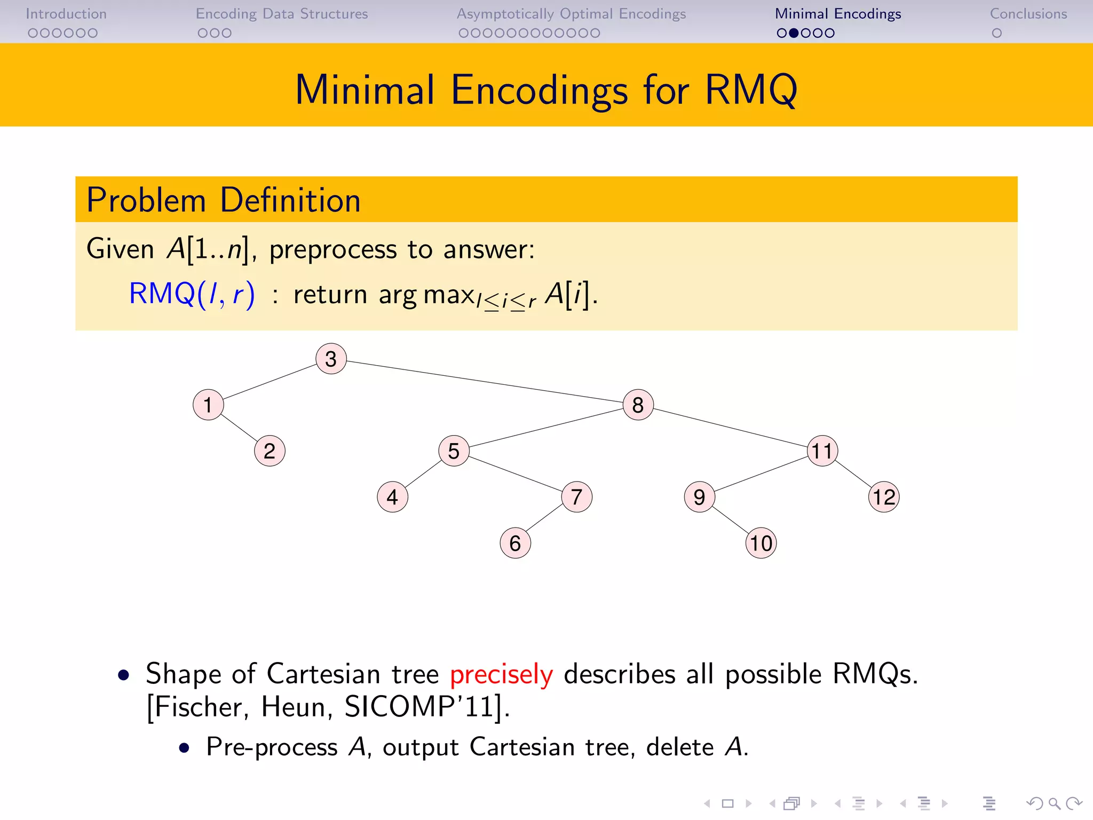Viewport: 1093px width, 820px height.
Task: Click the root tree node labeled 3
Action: click(331, 359)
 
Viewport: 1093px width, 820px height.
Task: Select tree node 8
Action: click(638, 405)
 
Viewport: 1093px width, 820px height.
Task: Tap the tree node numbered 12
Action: click(884, 497)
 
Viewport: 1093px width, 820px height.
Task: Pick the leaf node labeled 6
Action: click(515, 543)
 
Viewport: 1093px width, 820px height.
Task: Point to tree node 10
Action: click(761, 543)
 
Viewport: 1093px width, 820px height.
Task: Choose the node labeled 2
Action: click(270, 451)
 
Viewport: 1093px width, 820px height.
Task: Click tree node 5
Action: click(454, 451)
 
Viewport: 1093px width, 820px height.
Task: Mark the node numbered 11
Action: click(822, 451)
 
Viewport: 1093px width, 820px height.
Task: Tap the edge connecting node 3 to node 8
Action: click(485, 381)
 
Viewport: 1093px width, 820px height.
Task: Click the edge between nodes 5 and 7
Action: click(515, 474)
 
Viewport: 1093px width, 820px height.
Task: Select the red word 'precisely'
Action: click(501, 675)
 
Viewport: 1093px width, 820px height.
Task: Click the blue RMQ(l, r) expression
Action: click(192, 294)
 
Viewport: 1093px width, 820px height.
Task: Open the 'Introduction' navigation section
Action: click(66, 14)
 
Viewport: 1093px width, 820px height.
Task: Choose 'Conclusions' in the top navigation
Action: click(1028, 14)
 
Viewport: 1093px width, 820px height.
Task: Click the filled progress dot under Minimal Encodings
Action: click(794, 33)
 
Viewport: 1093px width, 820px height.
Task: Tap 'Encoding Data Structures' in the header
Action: click(282, 14)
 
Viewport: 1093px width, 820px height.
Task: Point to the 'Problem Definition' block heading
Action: click(224, 200)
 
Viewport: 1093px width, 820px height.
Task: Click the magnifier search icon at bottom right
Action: click(1054, 803)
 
